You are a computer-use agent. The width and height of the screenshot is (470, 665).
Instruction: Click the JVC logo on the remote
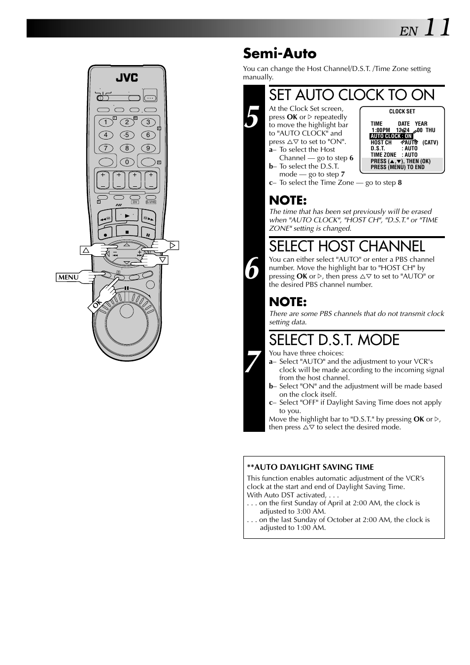pyautogui.click(x=127, y=77)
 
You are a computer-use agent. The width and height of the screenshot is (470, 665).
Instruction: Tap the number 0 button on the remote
pyautogui.click(x=127, y=162)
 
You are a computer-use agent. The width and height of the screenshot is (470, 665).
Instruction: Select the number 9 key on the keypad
pyautogui.click(x=148, y=148)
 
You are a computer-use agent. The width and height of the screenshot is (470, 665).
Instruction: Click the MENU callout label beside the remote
pyautogui.click(x=68, y=277)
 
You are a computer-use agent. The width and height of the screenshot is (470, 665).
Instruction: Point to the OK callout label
pyautogui.click(x=97, y=305)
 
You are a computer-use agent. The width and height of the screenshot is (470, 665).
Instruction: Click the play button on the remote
pyautogui.click(x=127, y=216)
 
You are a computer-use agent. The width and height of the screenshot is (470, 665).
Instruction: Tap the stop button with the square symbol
pyautogui.click(x=127, y=232)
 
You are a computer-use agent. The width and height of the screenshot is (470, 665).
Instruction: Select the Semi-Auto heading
pyautogui.click(x=279, y=53)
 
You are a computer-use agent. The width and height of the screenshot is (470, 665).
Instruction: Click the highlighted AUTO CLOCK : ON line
pyautogui.click(x=391, y=136)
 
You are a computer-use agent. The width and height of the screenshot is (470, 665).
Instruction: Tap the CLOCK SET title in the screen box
pyautogui.click(x=402, y=111)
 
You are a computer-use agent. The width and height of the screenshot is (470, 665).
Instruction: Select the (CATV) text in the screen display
pyautogui.click(x=430, y=142)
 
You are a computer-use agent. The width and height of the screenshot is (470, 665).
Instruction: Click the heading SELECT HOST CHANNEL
pyautogui.click(x=347, y=246)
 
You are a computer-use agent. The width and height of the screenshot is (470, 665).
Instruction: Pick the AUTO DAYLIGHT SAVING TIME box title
pyautogui.click(x=310, y=467)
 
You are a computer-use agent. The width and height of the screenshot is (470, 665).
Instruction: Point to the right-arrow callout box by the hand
pyautogui.click(x=172, y=245)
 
